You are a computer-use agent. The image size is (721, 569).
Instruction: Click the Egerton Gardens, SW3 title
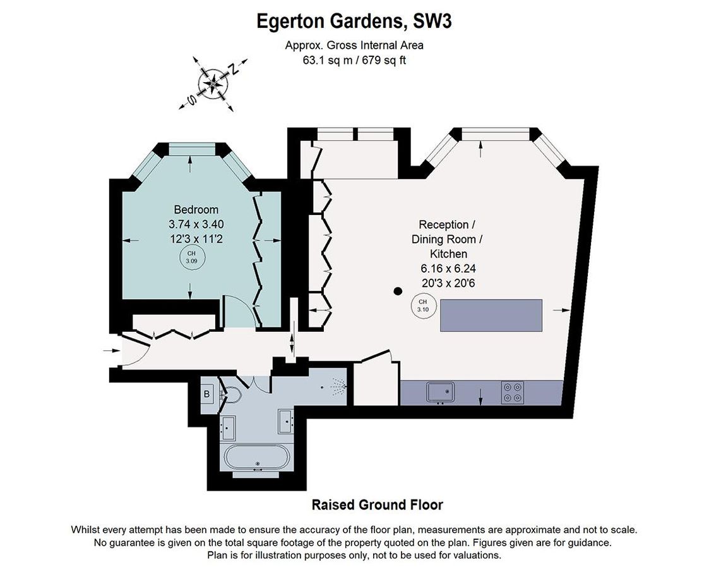[354, 21]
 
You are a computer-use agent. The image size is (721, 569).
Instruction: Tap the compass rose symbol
[213, 84]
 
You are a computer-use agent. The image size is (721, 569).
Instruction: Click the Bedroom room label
[196, 209]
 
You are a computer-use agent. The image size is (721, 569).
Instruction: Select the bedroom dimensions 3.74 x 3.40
[196, 224]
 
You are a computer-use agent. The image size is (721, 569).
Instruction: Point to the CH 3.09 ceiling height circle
[191, 257]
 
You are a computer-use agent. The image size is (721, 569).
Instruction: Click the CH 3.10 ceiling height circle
[422, 305]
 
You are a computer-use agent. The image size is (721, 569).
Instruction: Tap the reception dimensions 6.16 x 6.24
[448, 269]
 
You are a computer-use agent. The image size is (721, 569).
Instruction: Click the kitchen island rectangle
[491, 315]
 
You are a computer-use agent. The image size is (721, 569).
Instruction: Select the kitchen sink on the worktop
[441, 392]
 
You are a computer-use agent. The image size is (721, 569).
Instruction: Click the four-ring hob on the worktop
[513, 393]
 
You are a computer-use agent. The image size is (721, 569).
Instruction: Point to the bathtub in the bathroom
[257, 458]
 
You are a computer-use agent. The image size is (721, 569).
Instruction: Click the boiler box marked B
[207, 394]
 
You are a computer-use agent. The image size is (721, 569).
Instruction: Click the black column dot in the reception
[398, 291]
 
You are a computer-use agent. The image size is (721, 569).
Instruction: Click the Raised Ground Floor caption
[377, 505]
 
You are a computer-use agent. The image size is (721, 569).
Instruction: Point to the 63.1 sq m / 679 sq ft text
[354, 60]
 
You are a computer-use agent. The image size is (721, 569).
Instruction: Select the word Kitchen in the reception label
[448, 254]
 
